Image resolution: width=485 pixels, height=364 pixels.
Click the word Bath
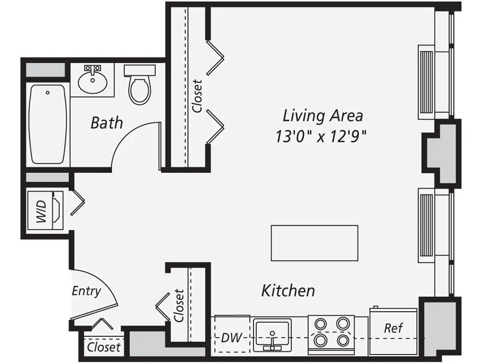pyautogui.click(x=107, y=123)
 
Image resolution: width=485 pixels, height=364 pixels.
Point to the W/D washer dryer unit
pyautogui.click(x=44, y=210)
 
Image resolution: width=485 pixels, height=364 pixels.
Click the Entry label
pyautogui.click(x=86, y=291)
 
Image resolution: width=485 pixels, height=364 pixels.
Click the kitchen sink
pyautogui.click(x=272, y=336)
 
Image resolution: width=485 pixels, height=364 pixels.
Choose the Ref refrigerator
pyautogui.click(x=393, y=328)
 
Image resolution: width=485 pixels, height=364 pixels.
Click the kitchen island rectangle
pyautogui.click(x=314, y=243)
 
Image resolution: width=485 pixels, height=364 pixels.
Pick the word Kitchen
pyautogui.click(x=288, y=291)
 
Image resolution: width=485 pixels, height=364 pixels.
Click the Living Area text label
pyautogui.click(x=322, y=116)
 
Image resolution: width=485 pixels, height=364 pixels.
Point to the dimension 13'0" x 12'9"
pyautogui.click(x=321, y=136)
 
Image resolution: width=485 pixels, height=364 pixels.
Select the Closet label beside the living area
pyautogui.click(x=197, y=96)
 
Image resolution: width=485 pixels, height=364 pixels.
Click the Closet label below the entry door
pyautogui.click(x=103, y=347)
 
